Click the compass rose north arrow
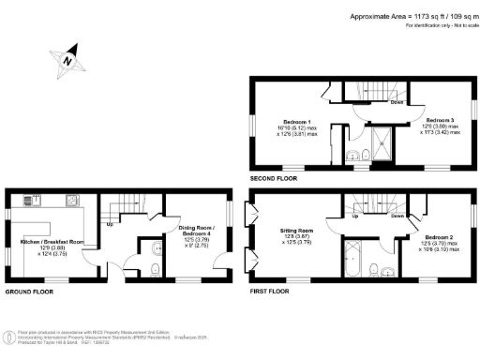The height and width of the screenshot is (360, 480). click(67, 59)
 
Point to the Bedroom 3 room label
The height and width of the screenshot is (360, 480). click(439, 120)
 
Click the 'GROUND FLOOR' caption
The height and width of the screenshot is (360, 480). click(30, 292)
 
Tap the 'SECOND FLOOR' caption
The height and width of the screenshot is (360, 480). click(274, 177)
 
